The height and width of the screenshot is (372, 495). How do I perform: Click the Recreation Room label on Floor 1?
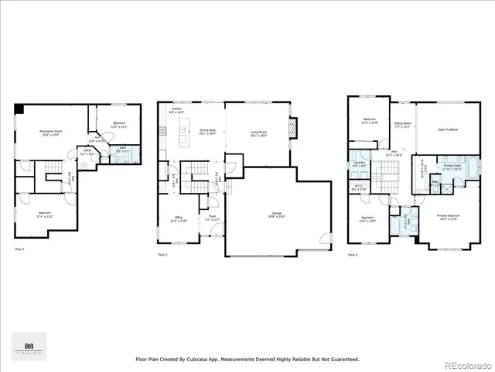pos(52,133)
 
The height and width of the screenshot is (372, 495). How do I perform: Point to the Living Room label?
pos(258,134)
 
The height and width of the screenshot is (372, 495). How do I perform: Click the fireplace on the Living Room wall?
pos(292,126)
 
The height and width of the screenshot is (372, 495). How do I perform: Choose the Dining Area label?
pos(207,132)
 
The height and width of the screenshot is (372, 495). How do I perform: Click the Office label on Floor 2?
pos(178,219)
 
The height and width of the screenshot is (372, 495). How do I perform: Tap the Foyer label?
pos(210,219)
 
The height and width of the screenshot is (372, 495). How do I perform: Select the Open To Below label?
pos(448,129)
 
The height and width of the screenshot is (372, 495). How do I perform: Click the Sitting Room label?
pos(402,124)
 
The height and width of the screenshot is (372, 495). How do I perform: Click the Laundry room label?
pos(358,165)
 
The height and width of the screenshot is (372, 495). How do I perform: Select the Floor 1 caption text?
pos(20,249)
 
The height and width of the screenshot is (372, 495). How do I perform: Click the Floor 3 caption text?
pos(353,254)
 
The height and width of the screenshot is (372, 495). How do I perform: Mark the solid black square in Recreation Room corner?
pos(19,108)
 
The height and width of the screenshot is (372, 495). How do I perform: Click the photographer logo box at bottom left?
pos(29,346)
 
